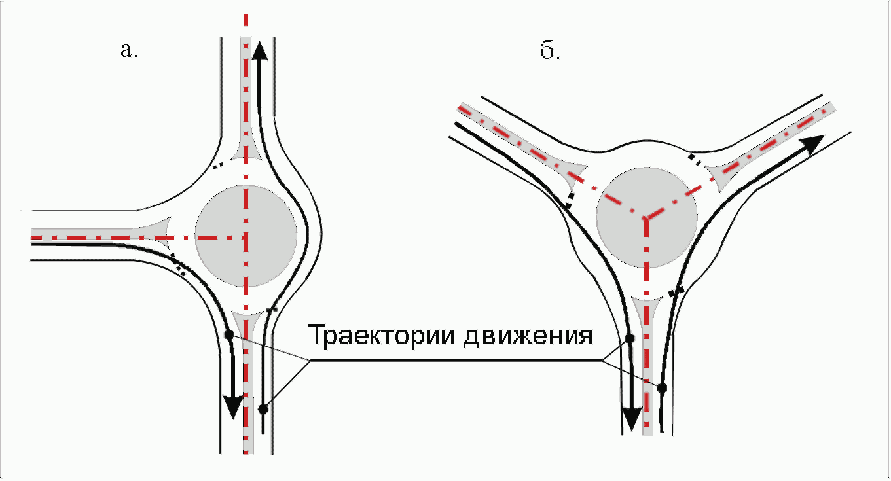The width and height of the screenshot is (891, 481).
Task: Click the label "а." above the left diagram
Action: pos(129,51)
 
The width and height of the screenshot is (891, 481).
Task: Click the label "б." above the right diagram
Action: pos(551,52)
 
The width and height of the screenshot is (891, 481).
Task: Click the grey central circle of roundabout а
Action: pos(245,235)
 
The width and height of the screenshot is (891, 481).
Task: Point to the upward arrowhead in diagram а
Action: pos(260,50)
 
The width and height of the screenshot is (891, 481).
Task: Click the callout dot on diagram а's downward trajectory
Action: pos(228,334)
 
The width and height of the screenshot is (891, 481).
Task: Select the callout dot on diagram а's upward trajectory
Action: pos(263,410)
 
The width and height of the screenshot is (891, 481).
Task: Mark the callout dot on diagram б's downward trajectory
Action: pos(630,338)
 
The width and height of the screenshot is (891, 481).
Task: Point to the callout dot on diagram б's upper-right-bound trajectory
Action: pos(663,387)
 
